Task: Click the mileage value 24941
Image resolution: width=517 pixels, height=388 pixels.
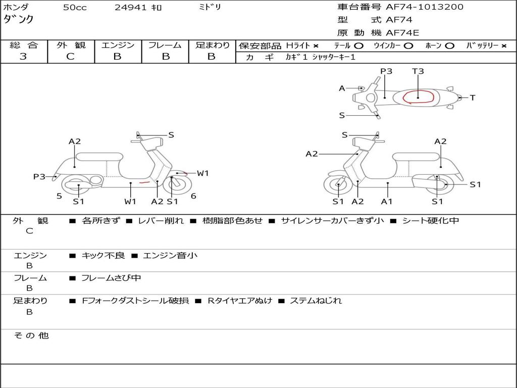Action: pos(131,8)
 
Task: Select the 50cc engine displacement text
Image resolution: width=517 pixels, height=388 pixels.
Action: pos(75,8)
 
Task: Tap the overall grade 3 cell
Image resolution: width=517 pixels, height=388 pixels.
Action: pos(23,57)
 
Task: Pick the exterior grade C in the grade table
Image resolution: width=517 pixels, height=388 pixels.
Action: pos(71,57)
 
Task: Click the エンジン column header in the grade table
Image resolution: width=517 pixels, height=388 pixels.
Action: pos(118,45)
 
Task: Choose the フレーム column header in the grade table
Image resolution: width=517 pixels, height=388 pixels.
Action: pos(165,45)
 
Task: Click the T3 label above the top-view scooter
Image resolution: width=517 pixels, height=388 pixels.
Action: pos(418,71)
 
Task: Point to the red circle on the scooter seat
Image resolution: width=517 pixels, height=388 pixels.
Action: pos(419,96)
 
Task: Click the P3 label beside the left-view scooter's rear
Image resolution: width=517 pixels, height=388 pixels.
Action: pos(39,176)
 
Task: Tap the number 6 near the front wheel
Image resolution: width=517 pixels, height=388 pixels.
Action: pos(193,196)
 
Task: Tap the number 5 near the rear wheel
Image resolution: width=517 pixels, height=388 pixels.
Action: pos(59,196)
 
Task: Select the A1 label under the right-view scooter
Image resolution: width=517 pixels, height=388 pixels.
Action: pos(387,202)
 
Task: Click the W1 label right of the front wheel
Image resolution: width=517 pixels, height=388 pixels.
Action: pos(202,173)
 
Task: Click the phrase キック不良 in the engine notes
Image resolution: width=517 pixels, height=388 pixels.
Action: pos(103,256)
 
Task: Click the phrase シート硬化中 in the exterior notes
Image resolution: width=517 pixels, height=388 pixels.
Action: pos(430,221)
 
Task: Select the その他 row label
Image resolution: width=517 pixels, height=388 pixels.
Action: pos(31,335)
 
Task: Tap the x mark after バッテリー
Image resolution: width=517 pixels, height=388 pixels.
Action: pos(503,45)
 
